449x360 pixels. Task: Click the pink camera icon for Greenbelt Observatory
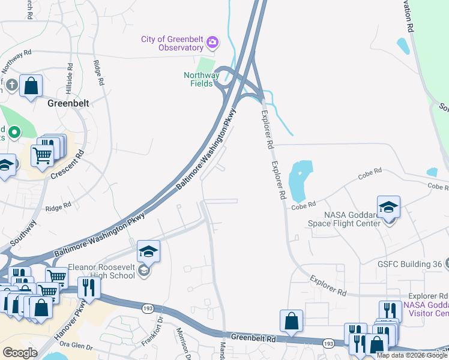click(212, 43)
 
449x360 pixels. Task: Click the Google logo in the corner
click(20, 352)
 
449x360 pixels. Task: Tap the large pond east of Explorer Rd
click(300, 181)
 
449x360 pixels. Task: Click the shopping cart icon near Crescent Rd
click(43, 156)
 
